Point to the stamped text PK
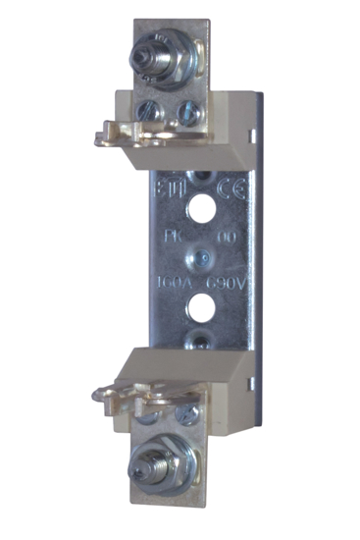pyautogui.click(x=173, y=238)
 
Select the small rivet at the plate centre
pyautogui.click(x=199, y=260)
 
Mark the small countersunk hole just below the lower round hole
pyautogui.click(x=200, y=339)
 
